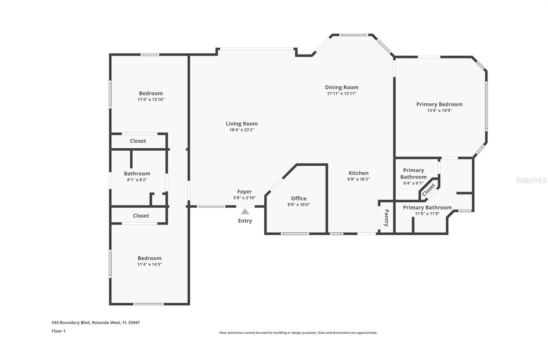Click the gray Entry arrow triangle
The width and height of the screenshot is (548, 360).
pos(245,211)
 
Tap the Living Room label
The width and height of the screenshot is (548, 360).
pos(242,124)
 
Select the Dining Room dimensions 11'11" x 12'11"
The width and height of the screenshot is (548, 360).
pos(341,94)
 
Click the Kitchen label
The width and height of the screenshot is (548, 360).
pos(358,173)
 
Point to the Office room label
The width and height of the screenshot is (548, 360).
pos(299,198)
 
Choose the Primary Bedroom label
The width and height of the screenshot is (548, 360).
pos(439,104)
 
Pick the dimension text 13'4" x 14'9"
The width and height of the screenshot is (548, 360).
pos(439,110)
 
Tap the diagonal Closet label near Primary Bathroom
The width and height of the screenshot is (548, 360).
pos(428,190)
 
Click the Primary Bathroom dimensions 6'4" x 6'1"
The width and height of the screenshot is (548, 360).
pos(413,183)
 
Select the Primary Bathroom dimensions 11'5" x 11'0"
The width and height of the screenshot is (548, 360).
pos(427,214)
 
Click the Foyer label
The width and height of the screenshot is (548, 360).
pos(245,191)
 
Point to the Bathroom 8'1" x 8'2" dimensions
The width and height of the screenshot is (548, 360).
pos(137,180)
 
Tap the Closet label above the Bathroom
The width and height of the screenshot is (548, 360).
pos(138,141)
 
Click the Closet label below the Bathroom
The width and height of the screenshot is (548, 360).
pos(141,215)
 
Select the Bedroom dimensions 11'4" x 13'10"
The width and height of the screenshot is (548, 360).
pos(151,100)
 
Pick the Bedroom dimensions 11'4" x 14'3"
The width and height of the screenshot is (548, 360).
pos(149,264)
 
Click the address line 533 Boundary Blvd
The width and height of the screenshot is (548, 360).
pos(96,323)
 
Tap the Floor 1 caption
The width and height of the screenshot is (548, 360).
pos(59,331)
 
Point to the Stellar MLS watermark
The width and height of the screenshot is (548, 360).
pos(531,181)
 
